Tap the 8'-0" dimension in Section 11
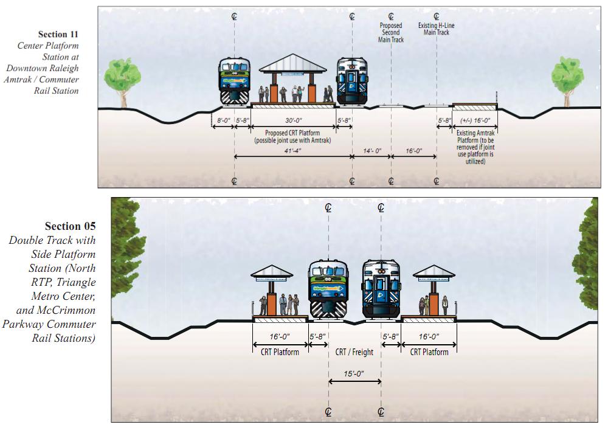click(x=223, y=121)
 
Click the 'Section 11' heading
click(x=58, y=34)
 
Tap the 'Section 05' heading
click(x=71, y=226)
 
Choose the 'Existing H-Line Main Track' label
click(x=437, y=29)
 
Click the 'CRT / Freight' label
click(x=354, y=352)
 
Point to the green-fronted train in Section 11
click(x=235, y=82)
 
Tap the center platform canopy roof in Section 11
click(x=293, y=63)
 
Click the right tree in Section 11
click(x=567, y=76)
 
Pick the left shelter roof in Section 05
click(x=272, y=272)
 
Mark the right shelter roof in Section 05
click(x=434, y=272)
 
